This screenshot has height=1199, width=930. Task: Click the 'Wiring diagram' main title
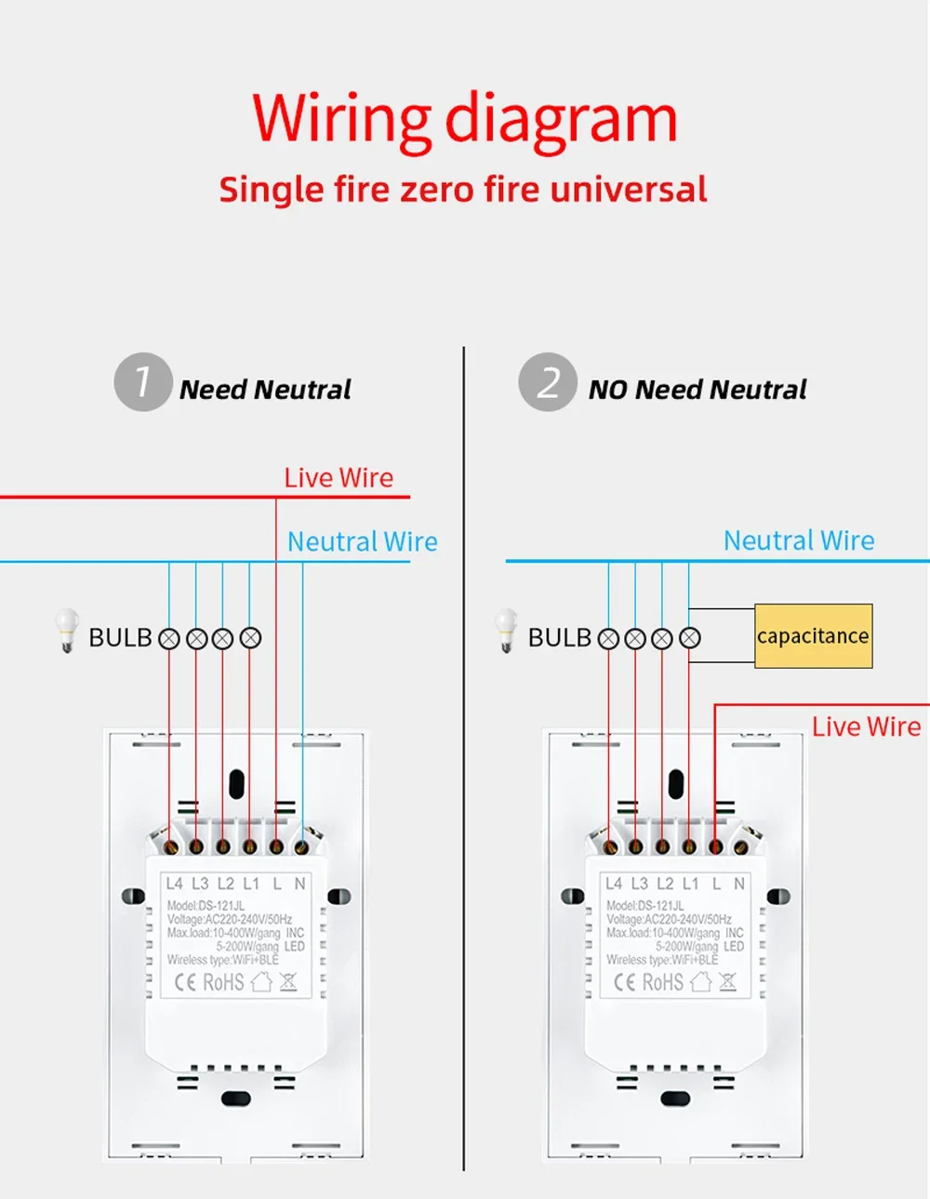pyautogui.click(x=465, y=122)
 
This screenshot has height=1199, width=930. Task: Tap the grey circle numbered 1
pyautogui.click(x=143, y=381)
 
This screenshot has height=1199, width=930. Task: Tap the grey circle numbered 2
pyautogui.click(x=548, y=381)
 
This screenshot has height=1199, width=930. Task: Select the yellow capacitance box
pyautogui.click(x=814, y=635)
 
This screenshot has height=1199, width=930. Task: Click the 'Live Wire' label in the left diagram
pyautogui.click(x=339, y=478)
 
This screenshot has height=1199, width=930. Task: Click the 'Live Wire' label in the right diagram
pyautogui.click(x=866, y=726)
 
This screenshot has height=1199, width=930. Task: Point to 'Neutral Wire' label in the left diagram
pyautogui.click(x=363, y=541)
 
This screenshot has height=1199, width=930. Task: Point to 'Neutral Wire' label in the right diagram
pyautogui.click(x=799, y=540)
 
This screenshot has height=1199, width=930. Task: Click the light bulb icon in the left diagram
pyautogui.click(x=67, y=630)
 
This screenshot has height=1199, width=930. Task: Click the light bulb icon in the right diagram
pyautogui.click(x=506, y=630)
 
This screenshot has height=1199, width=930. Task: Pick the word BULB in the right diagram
pyautogui.click(x=559, y=638)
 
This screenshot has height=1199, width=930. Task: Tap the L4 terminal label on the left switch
pyautogui.click(x=174, y=884)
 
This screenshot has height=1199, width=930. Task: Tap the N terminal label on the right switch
pyautogui.click(x=739, y=884)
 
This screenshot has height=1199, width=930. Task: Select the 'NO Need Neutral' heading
pyautogui.click(x=697, y=390)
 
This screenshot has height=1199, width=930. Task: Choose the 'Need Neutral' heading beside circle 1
pyautogui.click(x=265, y=390)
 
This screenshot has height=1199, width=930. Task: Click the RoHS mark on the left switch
pyautogui.click(x=223, y=982)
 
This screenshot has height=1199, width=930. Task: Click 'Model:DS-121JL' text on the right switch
pyautogui.click(x=644, y=906)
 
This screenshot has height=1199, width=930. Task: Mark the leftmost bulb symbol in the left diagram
pyautogui.click(x=168, y=639)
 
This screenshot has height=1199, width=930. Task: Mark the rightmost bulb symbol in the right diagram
pyautogui.click(x=689, y=638)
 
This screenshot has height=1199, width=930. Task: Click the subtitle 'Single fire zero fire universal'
pyautogui.click(x=463, y=189)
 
